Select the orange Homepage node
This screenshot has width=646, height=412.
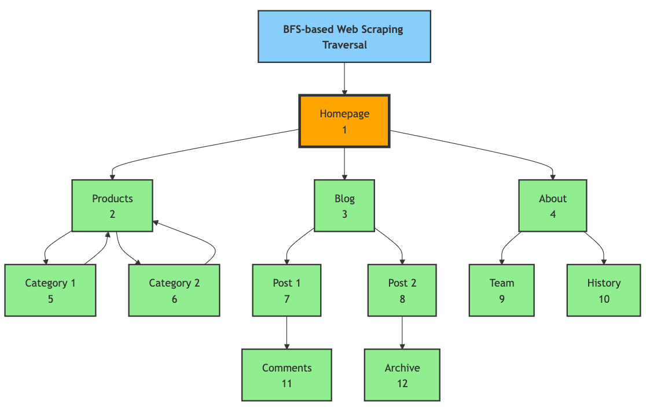point(344,121)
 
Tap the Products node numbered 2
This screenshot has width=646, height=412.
point(112,206)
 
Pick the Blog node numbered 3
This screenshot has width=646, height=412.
point(344,206)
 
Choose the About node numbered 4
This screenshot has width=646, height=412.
point(553,206)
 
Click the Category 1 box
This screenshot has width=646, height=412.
point(50,291)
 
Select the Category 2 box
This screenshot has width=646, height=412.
point(174,291)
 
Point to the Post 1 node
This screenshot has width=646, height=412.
point(287,291)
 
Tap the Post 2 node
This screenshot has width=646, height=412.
point(402,291)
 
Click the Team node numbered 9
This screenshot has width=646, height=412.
point(502,291)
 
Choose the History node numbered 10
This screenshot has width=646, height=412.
point(604,291)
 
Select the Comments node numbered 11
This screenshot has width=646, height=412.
point(287,375)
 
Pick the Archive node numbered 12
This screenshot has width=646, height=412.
point(402,375)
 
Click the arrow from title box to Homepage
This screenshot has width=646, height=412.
point(344,78)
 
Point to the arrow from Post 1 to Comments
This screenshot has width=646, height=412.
point(287,332)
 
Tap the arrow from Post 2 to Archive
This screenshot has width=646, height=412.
point(402,332)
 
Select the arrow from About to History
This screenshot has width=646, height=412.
point(599,244)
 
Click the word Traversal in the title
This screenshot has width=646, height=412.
point(344,44)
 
